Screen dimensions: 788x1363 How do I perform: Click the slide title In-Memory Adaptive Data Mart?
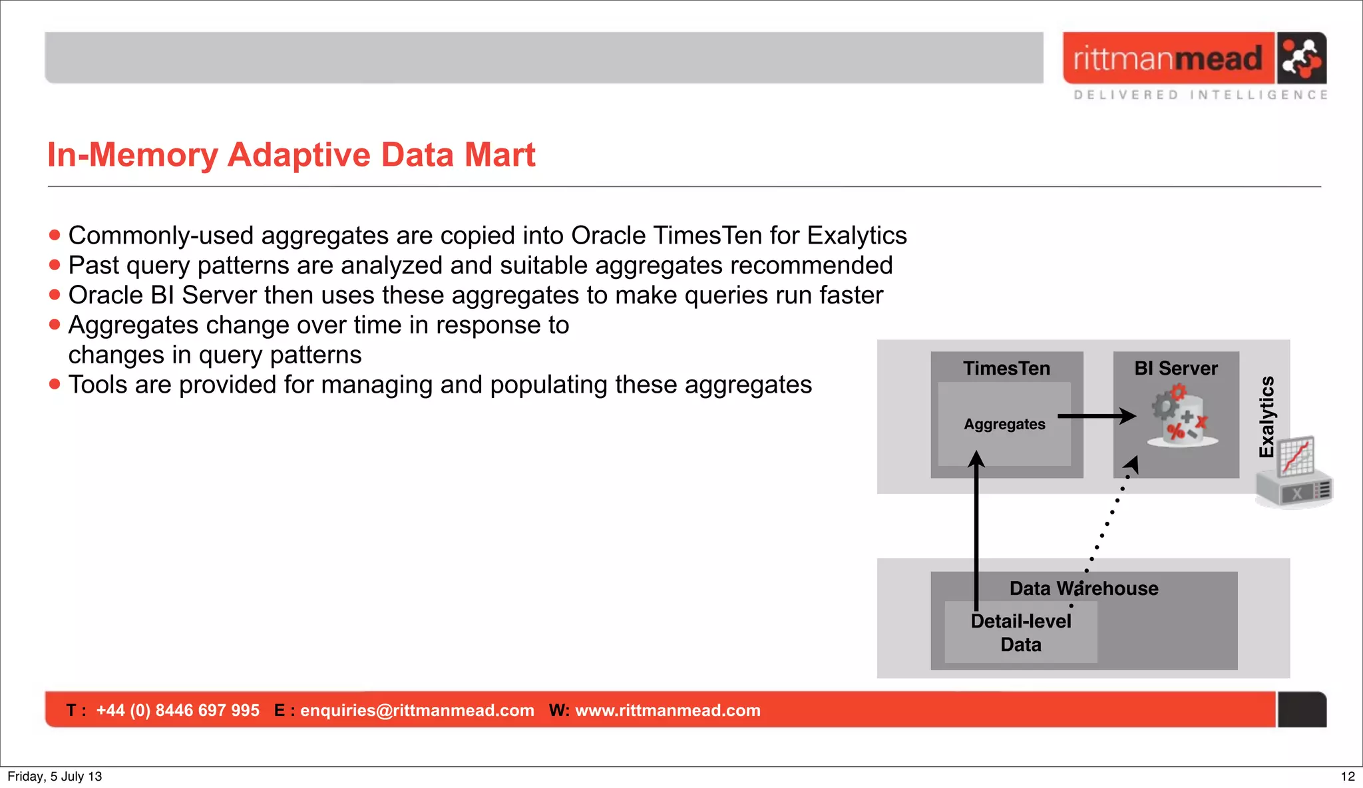291,155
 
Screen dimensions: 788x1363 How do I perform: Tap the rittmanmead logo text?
1167,59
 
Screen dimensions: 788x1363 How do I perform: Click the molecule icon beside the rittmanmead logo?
1301,58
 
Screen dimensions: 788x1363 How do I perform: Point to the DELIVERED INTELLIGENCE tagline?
1201,95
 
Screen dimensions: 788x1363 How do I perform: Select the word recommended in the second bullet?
811,266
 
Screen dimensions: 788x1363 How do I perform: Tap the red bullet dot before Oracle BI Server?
55,295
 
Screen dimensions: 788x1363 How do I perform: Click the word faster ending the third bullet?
851,295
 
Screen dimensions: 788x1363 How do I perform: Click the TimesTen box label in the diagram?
1006,368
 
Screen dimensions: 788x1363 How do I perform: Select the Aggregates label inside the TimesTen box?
1004,424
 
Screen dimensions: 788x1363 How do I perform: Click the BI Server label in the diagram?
1175,368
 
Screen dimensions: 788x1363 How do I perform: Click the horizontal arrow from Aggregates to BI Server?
1095,416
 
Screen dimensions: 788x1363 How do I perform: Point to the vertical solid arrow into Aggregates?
976,532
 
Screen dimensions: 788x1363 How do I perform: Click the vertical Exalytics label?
1266,417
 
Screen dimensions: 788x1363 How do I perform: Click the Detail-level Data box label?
1020,632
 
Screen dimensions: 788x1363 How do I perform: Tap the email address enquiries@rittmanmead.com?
417,710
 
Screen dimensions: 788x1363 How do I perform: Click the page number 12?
1347,776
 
